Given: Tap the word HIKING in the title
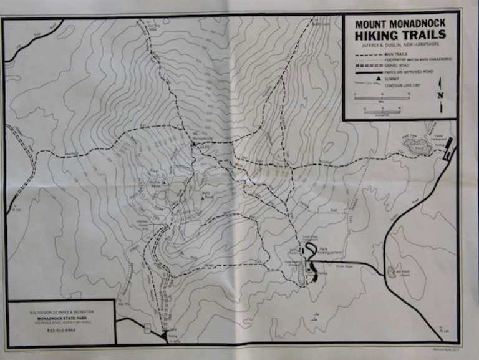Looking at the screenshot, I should coord(378,36).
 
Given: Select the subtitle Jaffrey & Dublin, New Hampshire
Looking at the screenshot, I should coord(400,46).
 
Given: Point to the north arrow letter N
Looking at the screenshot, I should coord(441,95).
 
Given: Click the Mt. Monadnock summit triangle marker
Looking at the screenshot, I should coord(194,144).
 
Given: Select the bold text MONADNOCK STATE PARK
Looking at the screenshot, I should coord(60,318).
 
